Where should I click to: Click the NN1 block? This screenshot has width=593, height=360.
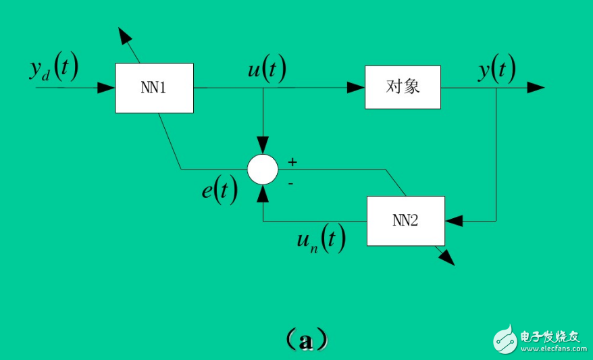point(154,88)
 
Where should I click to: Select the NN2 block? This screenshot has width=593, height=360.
point(405,221)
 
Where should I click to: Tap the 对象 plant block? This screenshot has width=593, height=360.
point(403,87)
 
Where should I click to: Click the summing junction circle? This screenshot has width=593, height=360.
point(263,169)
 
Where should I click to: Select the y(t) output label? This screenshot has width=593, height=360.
point(497,69)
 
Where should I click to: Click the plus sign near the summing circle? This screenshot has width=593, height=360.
point(292,162)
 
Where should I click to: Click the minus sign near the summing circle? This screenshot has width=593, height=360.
point(290,182)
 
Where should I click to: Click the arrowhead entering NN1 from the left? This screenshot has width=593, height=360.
point(106,88)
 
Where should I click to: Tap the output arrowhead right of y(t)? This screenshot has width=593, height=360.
point(536,87)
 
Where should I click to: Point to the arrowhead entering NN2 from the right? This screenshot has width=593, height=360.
point(454,221)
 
